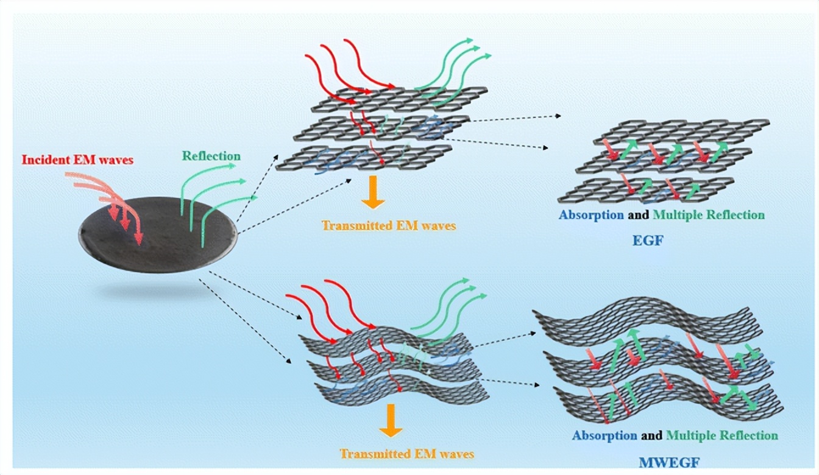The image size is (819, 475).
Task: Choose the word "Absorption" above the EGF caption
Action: click(591, 215)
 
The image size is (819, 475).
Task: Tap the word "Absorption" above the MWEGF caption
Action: click(604, 435)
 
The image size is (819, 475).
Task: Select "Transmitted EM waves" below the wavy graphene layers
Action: click(406, 454)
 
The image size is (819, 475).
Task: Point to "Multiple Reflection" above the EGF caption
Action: click(708, 215)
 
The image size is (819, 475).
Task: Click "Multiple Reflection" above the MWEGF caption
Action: click(721, 435)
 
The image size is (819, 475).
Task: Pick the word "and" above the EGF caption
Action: click(639, 215)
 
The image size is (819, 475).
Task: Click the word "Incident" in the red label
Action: click(42, 161)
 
